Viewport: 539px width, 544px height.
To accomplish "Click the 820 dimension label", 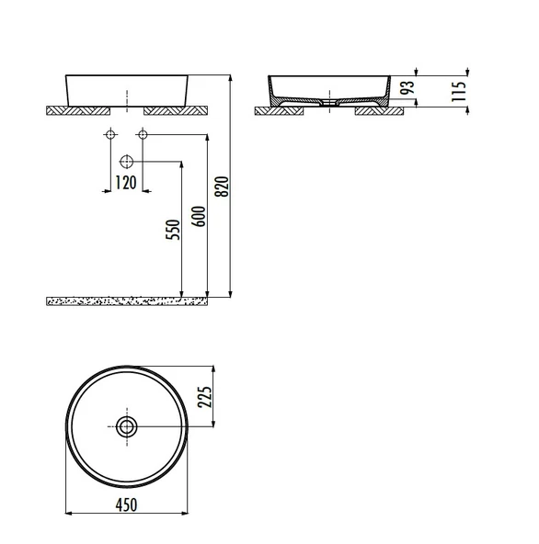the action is click(x=222, y=187).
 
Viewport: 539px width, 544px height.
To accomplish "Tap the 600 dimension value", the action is click(x=199, y=217).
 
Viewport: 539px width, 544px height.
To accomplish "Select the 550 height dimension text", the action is click(x=173, y=230).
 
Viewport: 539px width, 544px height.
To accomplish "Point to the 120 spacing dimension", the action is click(x=126, y=183).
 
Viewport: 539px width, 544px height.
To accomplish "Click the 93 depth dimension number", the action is click(x=407, y=87).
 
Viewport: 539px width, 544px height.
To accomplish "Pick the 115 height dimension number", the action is click(x=458, y=91).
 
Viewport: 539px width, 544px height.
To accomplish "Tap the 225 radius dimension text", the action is click(x=204, y=397).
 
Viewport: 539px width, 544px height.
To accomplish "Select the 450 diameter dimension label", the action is click(x=126, y=504).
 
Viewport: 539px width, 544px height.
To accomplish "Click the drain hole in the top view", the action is click(x=127, y=426).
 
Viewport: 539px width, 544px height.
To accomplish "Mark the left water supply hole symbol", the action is click(x=110, y=134).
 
